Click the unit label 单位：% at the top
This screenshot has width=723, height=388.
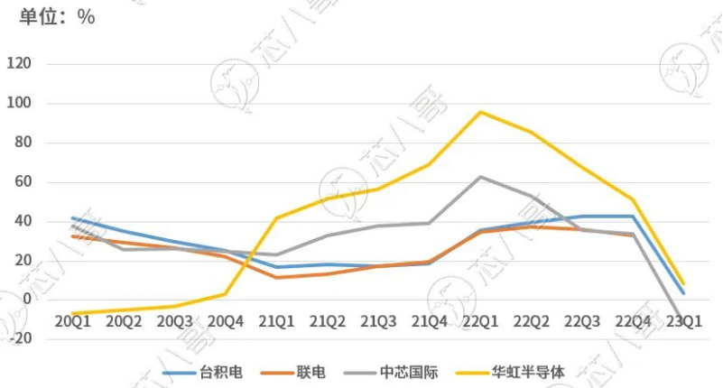pos(52,16)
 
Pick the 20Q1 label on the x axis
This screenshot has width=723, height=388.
pos(73,320)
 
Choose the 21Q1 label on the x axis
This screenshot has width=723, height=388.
pos(276,320)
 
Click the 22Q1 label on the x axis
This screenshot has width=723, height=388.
pos(480,320)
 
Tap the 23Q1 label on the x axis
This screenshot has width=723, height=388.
pos(683,320)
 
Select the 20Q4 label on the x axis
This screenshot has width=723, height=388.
pos(226,320)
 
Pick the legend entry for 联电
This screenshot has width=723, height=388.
pos(311,372)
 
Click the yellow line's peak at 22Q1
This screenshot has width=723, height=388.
pos(480,112)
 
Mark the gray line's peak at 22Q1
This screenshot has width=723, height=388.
pos(480,177)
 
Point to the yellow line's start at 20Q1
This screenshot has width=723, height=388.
pos(73,314)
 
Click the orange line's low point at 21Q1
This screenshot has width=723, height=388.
pos(276,277)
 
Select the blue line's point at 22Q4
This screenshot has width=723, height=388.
pos(633,217)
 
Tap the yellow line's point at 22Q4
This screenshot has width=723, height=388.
pos(633,199)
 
